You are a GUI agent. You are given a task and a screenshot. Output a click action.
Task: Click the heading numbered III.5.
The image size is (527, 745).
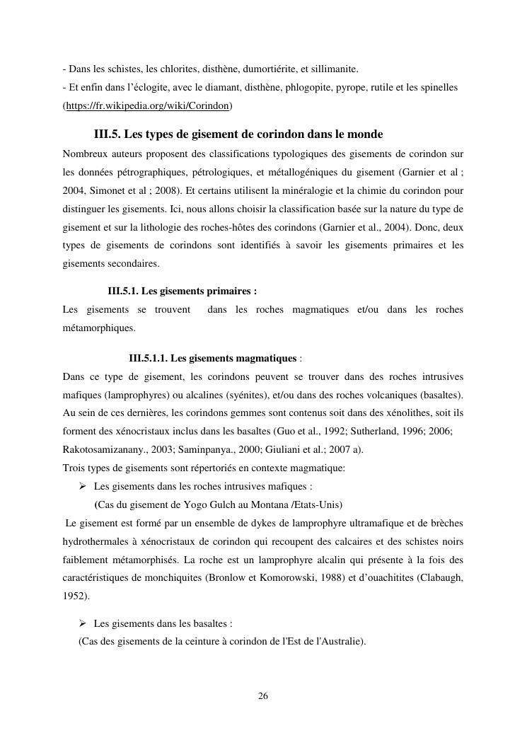(x=238, y=134)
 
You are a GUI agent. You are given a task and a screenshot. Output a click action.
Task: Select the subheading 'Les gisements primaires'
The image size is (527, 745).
(x=182, y=291)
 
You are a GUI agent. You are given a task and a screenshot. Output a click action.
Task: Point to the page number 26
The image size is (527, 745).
(x=263, y=696)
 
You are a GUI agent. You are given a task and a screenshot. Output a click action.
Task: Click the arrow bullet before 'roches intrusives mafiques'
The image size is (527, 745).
(x=83, y=486)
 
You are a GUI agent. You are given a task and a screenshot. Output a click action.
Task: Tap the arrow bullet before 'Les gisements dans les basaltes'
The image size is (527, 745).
(x=83, y=623)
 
